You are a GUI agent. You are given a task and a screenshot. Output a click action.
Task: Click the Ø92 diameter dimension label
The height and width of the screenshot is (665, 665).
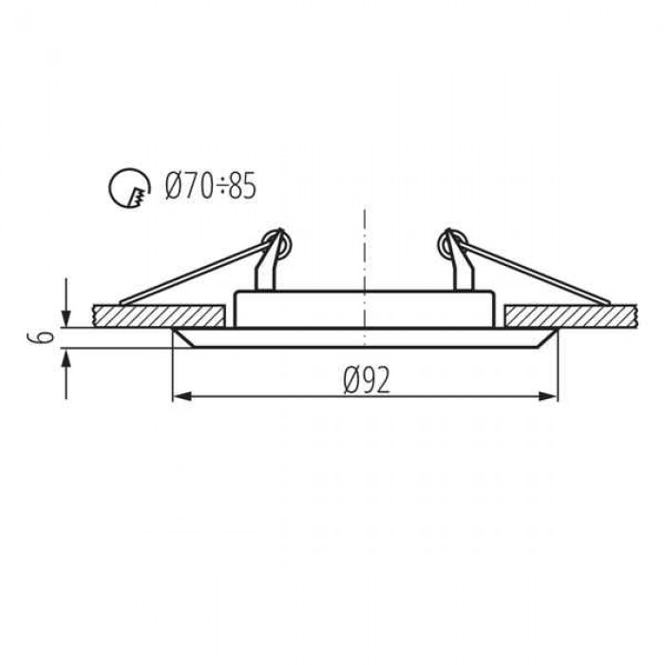(x=366, y=380)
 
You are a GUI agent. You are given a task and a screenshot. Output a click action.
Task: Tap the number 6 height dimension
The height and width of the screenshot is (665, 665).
(x=41, y=337)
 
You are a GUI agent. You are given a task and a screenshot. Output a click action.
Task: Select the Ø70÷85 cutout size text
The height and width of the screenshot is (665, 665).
(x=211, y=186)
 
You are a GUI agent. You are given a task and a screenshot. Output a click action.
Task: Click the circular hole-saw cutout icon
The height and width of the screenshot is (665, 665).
(x=129, y=187)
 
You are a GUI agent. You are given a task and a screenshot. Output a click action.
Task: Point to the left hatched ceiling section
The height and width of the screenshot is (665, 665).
(x=159, y=316)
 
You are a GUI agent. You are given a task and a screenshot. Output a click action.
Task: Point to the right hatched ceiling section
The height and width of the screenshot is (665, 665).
(x=571, y=316)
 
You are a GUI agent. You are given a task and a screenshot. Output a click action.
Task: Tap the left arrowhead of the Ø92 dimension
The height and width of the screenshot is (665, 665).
(x=182, y=396)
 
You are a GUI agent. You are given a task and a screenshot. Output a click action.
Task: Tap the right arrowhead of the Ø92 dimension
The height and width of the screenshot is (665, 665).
(x=548, y=396)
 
